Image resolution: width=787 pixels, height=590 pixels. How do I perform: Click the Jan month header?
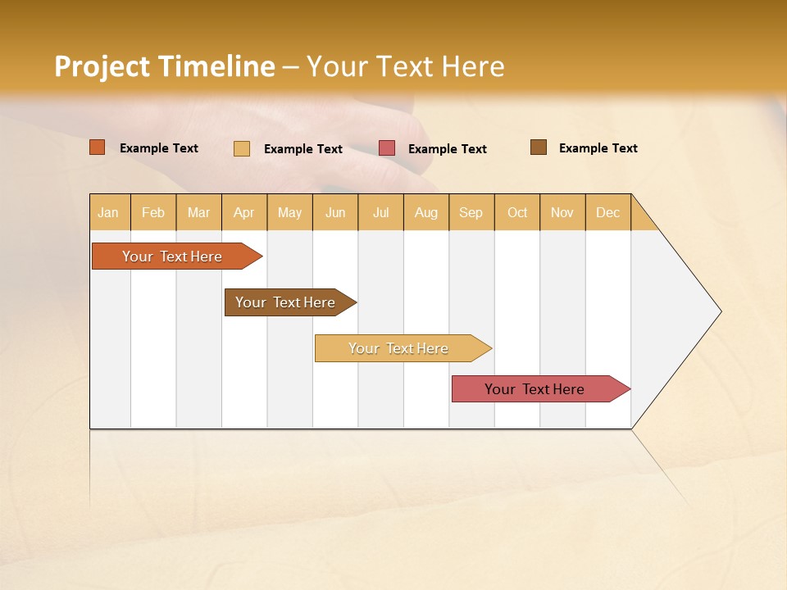[108, 212]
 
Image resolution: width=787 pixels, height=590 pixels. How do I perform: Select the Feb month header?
[153, 212]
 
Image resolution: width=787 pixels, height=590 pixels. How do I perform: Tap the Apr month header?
[243, 212]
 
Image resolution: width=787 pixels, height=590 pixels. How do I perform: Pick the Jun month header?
[335, 212]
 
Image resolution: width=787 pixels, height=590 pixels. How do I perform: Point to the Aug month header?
[425, 212]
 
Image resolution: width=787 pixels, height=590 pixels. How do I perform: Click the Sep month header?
[471, 212]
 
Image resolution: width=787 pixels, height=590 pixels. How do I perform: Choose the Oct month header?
[517, 212]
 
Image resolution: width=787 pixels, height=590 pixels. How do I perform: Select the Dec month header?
[607, 212]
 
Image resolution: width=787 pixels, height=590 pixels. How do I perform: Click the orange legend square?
[97, 147]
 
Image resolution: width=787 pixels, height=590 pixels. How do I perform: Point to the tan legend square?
[242, 148]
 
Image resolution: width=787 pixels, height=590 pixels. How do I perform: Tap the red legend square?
[387, 148]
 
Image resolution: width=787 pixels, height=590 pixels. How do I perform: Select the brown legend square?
[539, 147]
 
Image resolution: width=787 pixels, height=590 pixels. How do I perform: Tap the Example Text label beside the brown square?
[598, 148]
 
